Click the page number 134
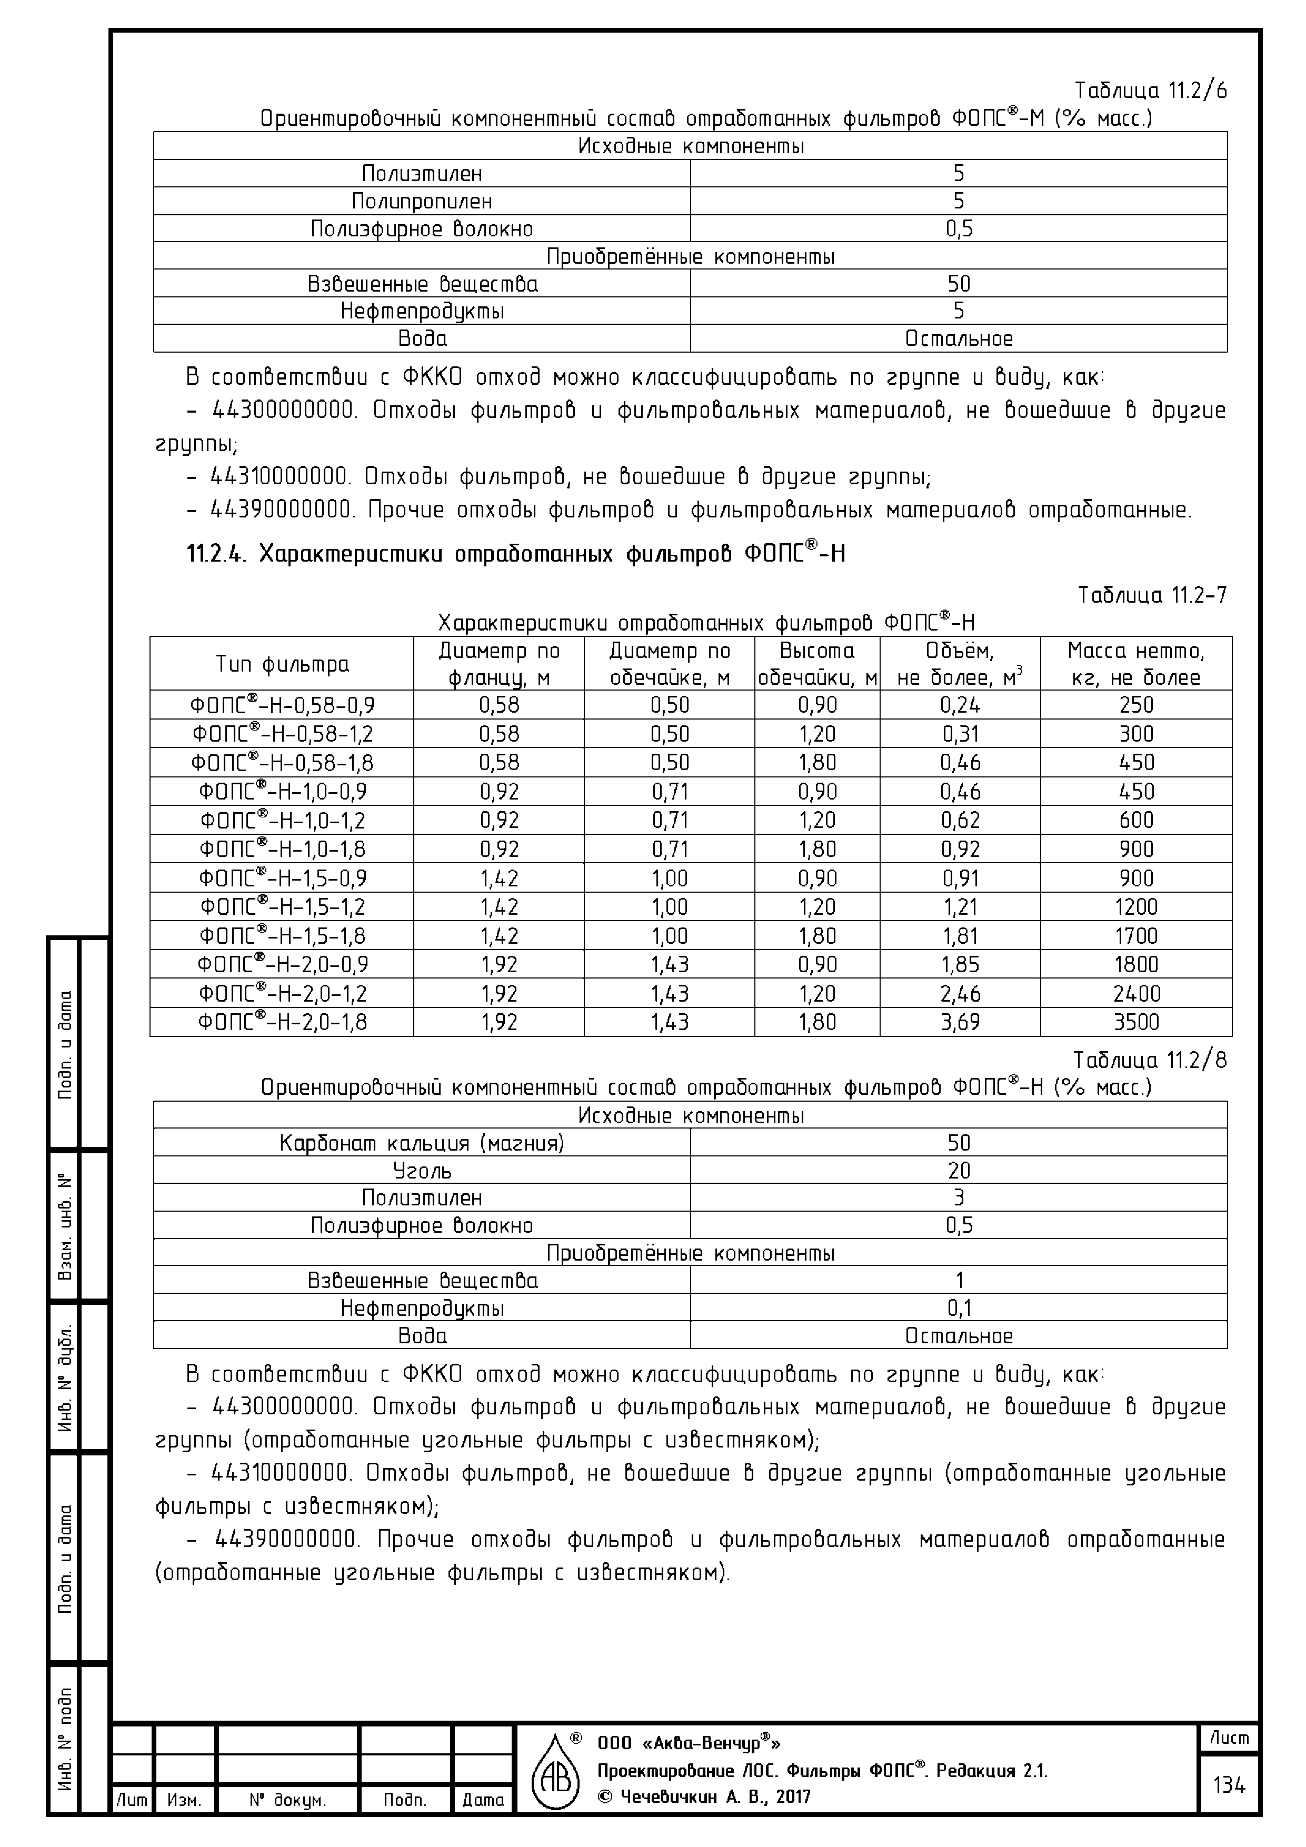tap(1229, 1785)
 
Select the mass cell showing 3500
tap(1135, 1022)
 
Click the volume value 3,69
tap(960, 1022)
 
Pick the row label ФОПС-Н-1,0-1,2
tap(283, 821)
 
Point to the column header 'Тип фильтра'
tap(283, 664)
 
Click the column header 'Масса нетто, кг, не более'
tap(1135, 664)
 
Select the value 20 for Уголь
tap(959, 1171)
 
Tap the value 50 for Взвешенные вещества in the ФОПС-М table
tap(959, 284)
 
